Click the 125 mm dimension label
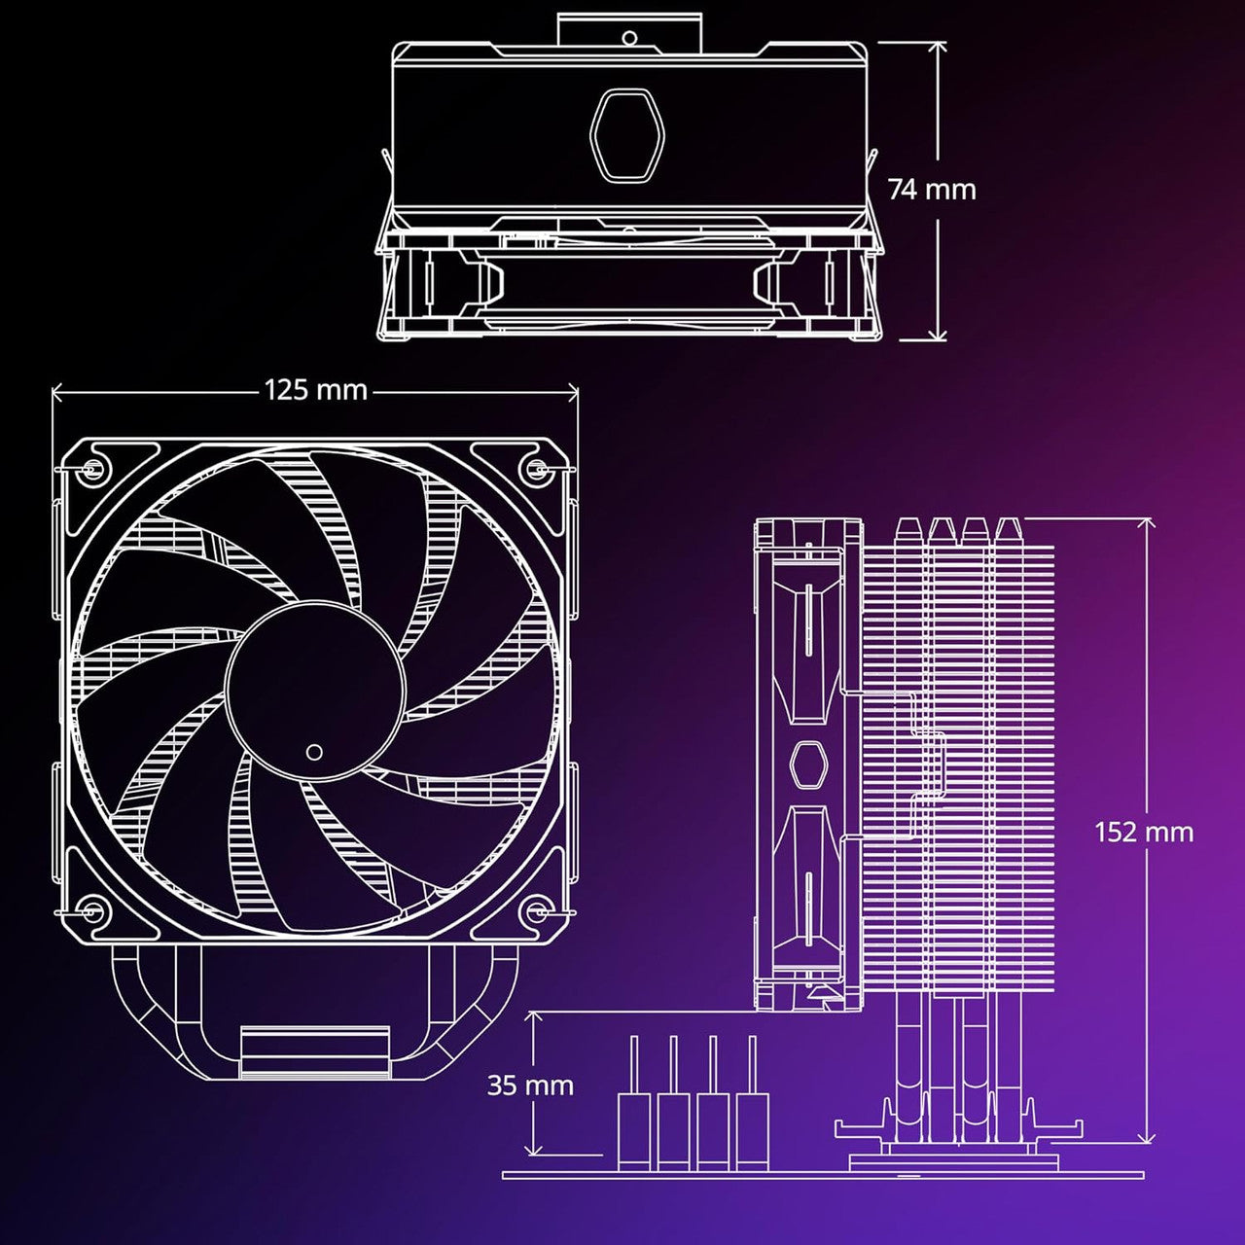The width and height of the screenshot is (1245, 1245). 315,390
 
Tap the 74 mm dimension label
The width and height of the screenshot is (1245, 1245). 931,189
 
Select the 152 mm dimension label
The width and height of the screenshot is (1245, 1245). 1143,832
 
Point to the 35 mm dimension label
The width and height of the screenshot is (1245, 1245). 530,1085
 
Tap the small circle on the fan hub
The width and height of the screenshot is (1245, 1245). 314,752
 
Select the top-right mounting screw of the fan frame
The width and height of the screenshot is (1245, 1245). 536,469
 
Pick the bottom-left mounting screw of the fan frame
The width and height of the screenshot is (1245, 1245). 92,911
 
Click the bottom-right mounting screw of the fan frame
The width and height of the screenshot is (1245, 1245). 536,911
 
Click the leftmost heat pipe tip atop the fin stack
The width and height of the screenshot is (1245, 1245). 907,530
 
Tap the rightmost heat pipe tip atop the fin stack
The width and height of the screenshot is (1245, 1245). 1006,530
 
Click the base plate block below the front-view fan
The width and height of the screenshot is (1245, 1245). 313,1052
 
